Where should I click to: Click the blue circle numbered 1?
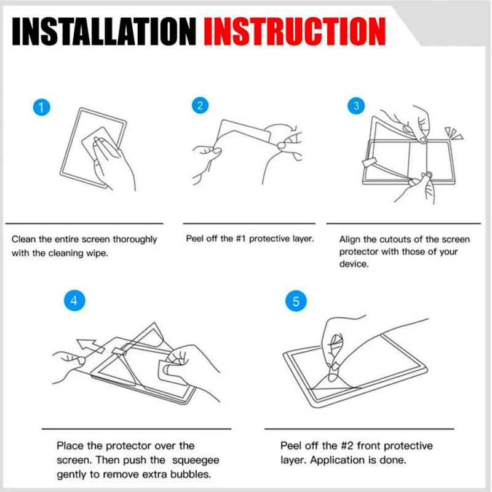[41, 107]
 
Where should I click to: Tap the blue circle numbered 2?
[200, 105]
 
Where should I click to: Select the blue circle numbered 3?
[356, 105]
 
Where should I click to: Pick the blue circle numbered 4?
[74, 300]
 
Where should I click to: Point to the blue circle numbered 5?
[296, 301]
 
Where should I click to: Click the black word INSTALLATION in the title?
[104, 31]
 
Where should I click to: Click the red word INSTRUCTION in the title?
[295, 31]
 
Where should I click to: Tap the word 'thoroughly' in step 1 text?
[135, 239]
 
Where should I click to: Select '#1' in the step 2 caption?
[240, 239]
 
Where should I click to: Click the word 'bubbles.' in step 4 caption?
[191, 474]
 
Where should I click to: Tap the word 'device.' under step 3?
[354, 264]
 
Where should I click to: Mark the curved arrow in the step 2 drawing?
[282, 129]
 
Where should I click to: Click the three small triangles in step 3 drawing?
[453, 133]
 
